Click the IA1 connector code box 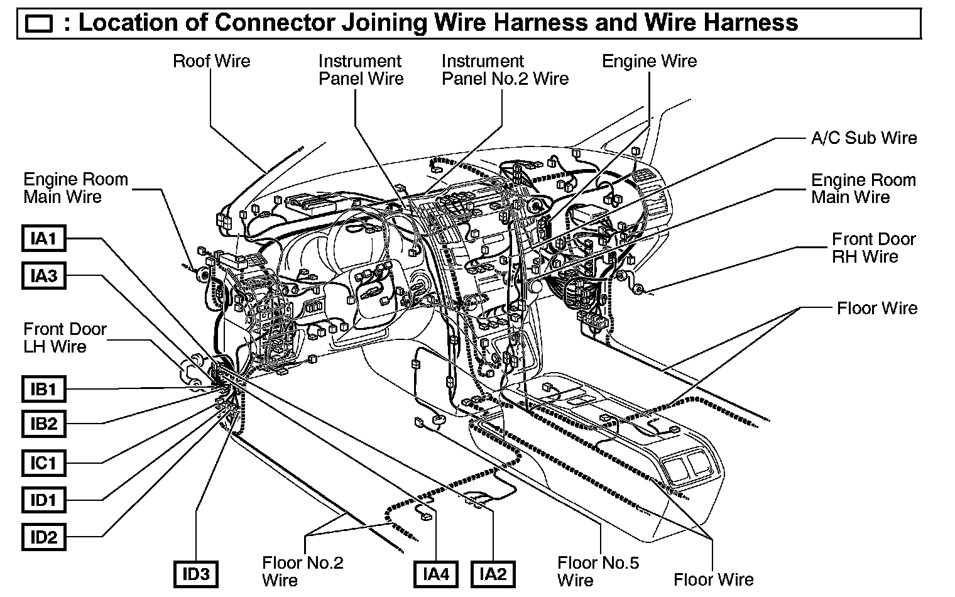44,239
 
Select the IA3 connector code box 44,276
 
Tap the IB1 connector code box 44,390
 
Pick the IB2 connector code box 44,424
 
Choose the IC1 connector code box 44,463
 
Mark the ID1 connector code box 44,500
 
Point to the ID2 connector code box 44,537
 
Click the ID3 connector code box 196,574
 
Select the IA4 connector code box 436,574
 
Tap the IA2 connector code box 493,574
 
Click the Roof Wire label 211,61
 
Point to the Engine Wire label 649,61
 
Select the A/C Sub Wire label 864,138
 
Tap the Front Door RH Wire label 873,248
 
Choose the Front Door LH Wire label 65,337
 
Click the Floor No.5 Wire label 598,571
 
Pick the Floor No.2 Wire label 302,571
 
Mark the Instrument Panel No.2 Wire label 505,70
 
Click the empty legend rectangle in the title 40,24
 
